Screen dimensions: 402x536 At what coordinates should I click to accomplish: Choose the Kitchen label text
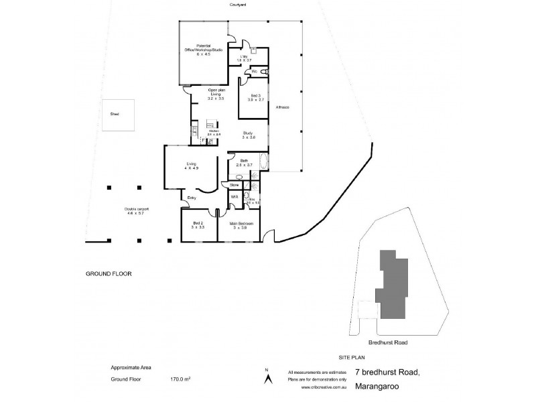pos(214,131)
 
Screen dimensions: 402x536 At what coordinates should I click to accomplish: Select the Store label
pos(234,184)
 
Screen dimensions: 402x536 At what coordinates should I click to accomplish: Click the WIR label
pos(234,197)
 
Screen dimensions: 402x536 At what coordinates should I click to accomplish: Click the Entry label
pos(192,197)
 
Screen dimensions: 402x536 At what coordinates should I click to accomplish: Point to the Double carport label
pos(136,210)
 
